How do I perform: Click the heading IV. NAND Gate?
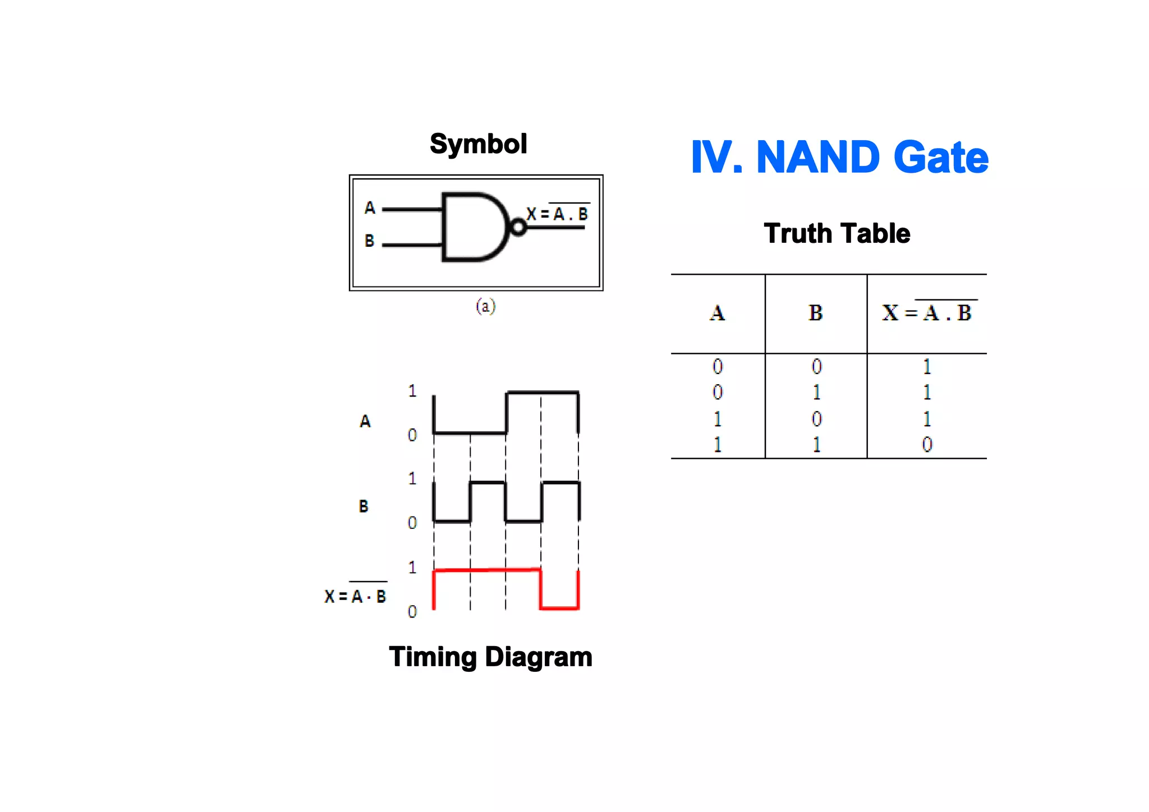(x=839, y=158)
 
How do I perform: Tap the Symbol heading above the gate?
(x=478, y=144)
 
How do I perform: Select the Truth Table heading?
(x=837, y=233)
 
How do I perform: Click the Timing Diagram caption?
(x=490, y=657)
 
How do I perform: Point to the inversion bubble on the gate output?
(x=518, y=227)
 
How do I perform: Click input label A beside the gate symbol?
(x=369, y=208)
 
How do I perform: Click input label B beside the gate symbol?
(x=369, y=241)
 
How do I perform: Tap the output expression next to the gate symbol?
(x=557, y=214)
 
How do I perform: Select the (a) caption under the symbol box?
(x=485, y=306)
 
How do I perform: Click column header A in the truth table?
(x=717, y=313)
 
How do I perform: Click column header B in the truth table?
(x=815, y=313)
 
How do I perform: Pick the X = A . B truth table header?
(x=926, y=312)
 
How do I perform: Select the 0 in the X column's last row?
(x=927, y=445)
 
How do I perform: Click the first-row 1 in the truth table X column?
(x=927, y=367)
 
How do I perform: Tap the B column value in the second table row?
(x=816, y=393)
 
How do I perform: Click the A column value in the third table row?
(x=717, y=419)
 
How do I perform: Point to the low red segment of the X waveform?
(x=559, y=607)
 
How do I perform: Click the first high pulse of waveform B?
(x=488, y=483)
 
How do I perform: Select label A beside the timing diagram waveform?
(x=365, y=421)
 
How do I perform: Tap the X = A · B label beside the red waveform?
(x=355, y=596)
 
